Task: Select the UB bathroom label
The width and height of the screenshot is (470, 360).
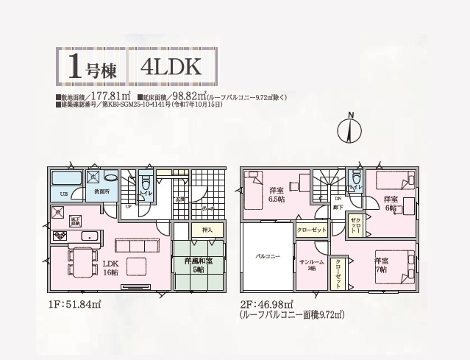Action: click(65, 193)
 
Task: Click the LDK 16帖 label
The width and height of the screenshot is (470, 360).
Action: click(110, 267)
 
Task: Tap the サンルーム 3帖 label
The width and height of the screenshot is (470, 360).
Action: click(307, 265)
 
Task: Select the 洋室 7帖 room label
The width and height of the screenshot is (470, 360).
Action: click(381, 265)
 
